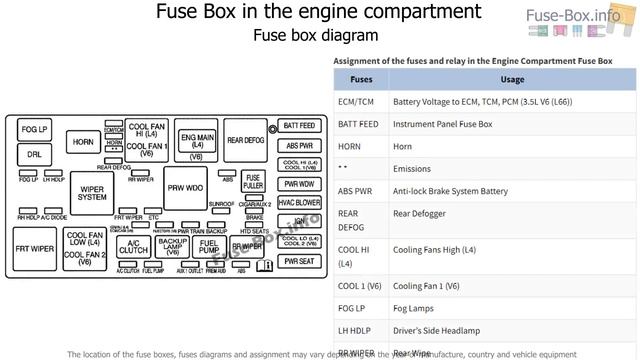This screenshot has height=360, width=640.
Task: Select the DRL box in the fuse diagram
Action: [34, 155]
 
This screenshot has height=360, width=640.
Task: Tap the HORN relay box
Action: [83, 142]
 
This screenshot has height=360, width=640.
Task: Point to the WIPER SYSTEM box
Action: [92, 193]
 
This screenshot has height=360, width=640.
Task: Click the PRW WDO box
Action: [185, 188]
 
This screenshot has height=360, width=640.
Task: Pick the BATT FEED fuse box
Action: [299, 126]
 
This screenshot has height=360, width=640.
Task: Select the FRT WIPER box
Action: [34, 246]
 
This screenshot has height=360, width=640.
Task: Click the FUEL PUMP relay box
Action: [209, 246]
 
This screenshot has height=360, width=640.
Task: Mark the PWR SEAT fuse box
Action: [299, 261]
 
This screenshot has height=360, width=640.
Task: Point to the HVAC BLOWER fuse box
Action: [299, 202]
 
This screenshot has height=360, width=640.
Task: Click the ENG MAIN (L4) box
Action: [196, 141]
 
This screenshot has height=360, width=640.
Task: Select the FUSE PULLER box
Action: [253, 183]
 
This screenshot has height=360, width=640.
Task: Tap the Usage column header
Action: [512, 80]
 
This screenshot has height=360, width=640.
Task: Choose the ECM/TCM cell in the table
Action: [355, 102]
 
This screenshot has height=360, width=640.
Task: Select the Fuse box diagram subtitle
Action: [315, 35]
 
